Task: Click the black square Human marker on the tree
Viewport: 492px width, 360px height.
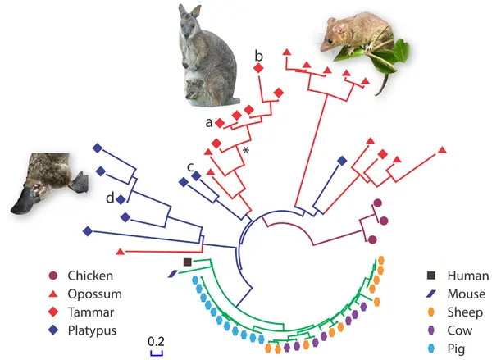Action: pos(187,262)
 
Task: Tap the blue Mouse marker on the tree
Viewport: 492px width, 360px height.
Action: pos(173,274)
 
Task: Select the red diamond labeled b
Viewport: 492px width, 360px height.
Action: pos(258,68)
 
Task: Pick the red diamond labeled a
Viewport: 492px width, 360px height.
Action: pos(220,123)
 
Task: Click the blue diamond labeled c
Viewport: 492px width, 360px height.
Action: pos(196,176)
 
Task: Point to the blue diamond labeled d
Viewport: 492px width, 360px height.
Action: pos(121,199)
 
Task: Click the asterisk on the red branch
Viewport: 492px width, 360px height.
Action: pos(246,151)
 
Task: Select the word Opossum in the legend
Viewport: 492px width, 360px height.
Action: pos(95,294)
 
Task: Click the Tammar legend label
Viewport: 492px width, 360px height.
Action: pos(91,312)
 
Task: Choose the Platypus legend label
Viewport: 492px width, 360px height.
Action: pos(92,330)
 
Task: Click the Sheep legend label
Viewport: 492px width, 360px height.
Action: pos(465,312)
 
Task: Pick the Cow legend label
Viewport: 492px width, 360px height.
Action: pos(460,330)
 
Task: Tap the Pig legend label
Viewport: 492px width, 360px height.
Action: pos(456,349)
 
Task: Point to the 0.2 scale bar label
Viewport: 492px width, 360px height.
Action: pos(156,341)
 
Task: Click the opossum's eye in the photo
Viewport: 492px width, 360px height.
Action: pos(330,41)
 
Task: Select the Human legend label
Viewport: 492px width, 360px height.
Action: pos(468,276)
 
